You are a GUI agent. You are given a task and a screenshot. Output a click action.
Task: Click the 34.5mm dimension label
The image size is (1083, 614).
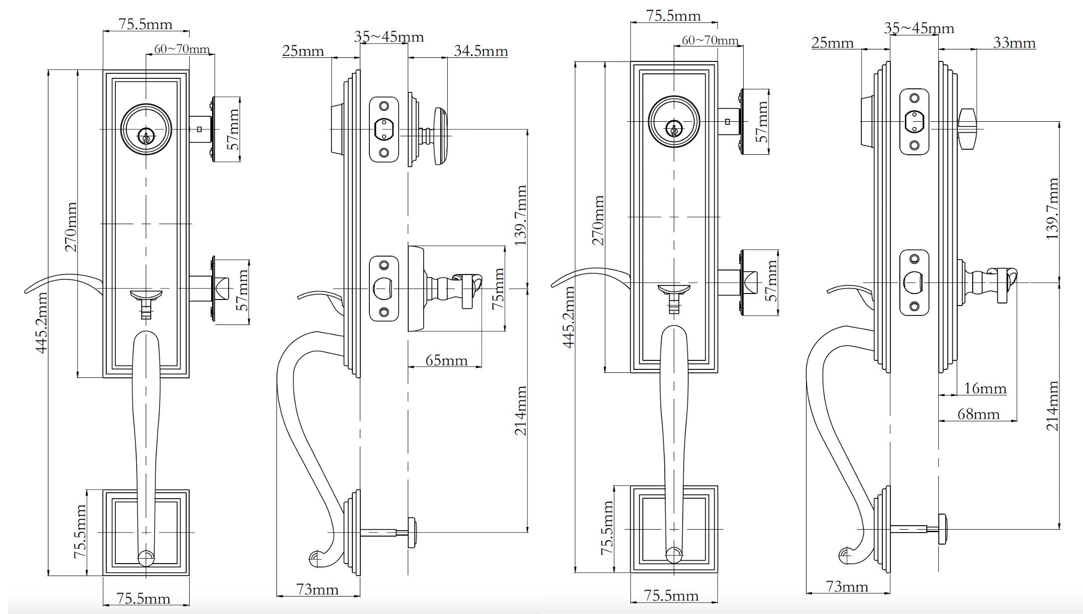pos(481,51)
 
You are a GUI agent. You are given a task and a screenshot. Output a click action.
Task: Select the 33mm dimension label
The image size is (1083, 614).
pos(1014,43)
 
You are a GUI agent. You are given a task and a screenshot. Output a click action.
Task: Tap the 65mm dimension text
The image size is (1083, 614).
pos(446,360)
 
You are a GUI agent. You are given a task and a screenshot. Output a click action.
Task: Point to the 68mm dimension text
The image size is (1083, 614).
pos(978,414)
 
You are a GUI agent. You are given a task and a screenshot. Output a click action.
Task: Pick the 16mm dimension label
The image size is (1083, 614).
pos(985,388)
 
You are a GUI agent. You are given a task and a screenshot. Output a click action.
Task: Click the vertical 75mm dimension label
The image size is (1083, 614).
pos(498,289)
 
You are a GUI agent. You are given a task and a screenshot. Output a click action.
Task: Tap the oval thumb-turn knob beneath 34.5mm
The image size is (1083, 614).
pos(440,136)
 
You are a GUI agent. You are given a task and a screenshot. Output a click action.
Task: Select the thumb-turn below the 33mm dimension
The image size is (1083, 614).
pos(968,129)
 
